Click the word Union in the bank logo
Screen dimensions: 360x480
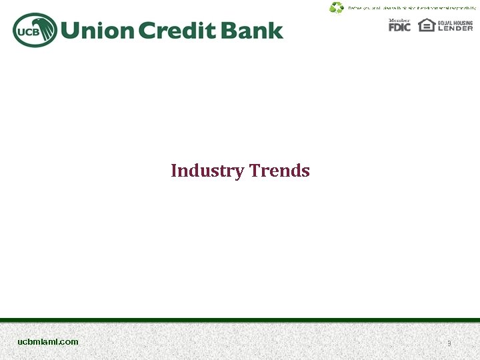tap(98, 31)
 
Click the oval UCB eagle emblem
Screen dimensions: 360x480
tap(34, 31)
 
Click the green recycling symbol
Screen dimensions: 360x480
tap(336, 7)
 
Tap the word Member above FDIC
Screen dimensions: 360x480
tap(399, 20)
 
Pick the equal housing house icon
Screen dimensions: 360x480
tap(426, 25)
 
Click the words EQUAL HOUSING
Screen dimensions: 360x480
tap(455, 22)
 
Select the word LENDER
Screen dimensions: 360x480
tap(455, 28)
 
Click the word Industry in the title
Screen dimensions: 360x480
tap(207, 171)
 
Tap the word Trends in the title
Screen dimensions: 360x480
tap(279, 171)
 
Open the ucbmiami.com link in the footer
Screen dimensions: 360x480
tap(48, 341)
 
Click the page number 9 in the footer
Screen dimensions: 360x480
tap(449, 343)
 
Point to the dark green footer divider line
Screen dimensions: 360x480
tap(240, 320)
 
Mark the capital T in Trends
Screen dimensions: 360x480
tap(255, 171)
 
